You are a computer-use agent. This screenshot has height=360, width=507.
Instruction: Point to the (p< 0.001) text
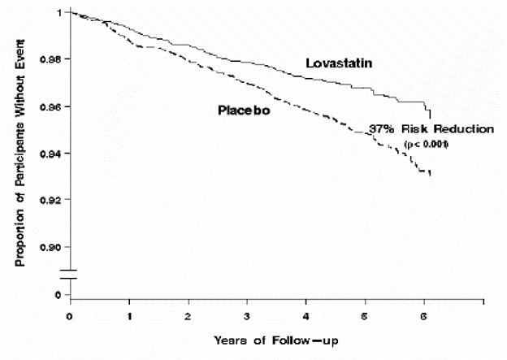click(x=427, y=144)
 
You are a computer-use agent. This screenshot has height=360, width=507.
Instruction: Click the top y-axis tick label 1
click(x=58, y=13)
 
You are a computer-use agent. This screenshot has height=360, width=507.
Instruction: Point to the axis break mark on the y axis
click(x=70, y=274)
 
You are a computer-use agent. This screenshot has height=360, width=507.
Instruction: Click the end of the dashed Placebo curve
click(x=429, y=174)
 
